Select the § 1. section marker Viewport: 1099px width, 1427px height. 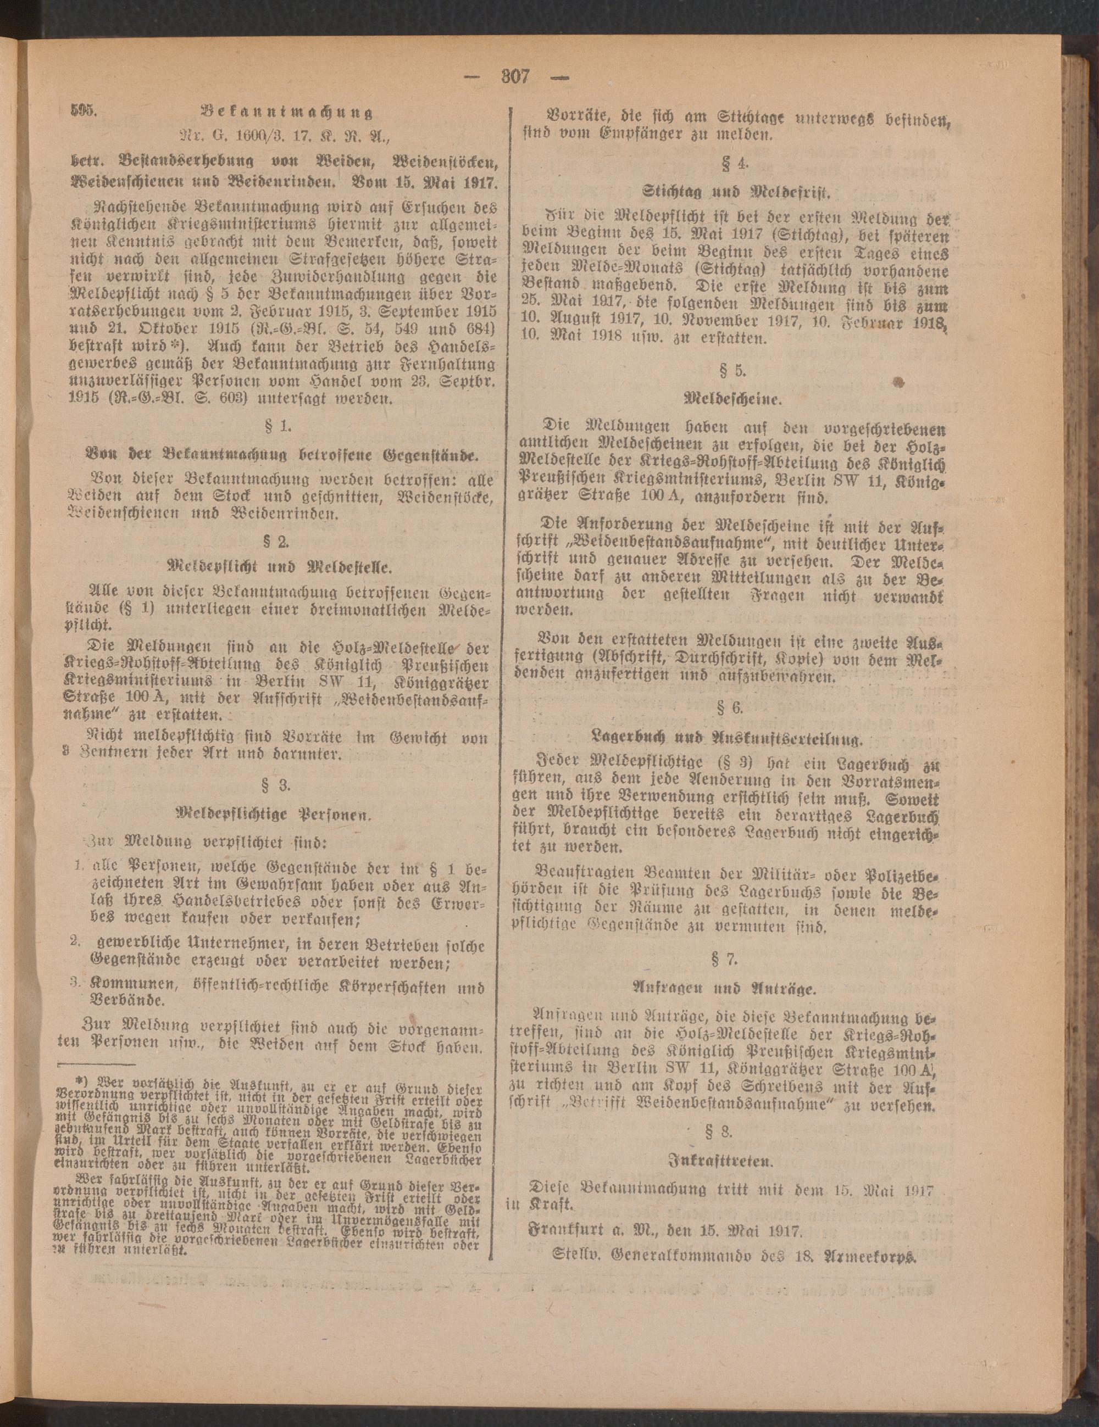coord(286,426)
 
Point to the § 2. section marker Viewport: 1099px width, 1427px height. coord(286,541)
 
